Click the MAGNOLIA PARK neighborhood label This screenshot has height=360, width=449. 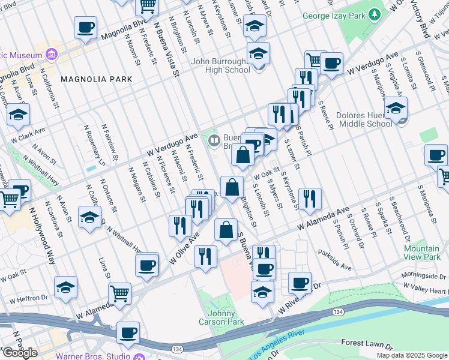(x=92, y=79)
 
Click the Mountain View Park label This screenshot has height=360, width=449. (x=421, y=253)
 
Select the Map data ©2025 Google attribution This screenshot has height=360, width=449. (x=412, y=355)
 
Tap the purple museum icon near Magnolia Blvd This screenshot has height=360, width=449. (x=52, y=55)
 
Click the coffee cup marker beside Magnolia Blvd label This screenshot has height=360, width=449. (x=85, y=27)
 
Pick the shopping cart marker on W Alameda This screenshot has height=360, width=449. (x=119, y=293)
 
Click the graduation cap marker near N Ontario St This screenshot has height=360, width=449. (x=89, y=219)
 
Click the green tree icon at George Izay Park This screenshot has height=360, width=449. (x=375, y=13)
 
